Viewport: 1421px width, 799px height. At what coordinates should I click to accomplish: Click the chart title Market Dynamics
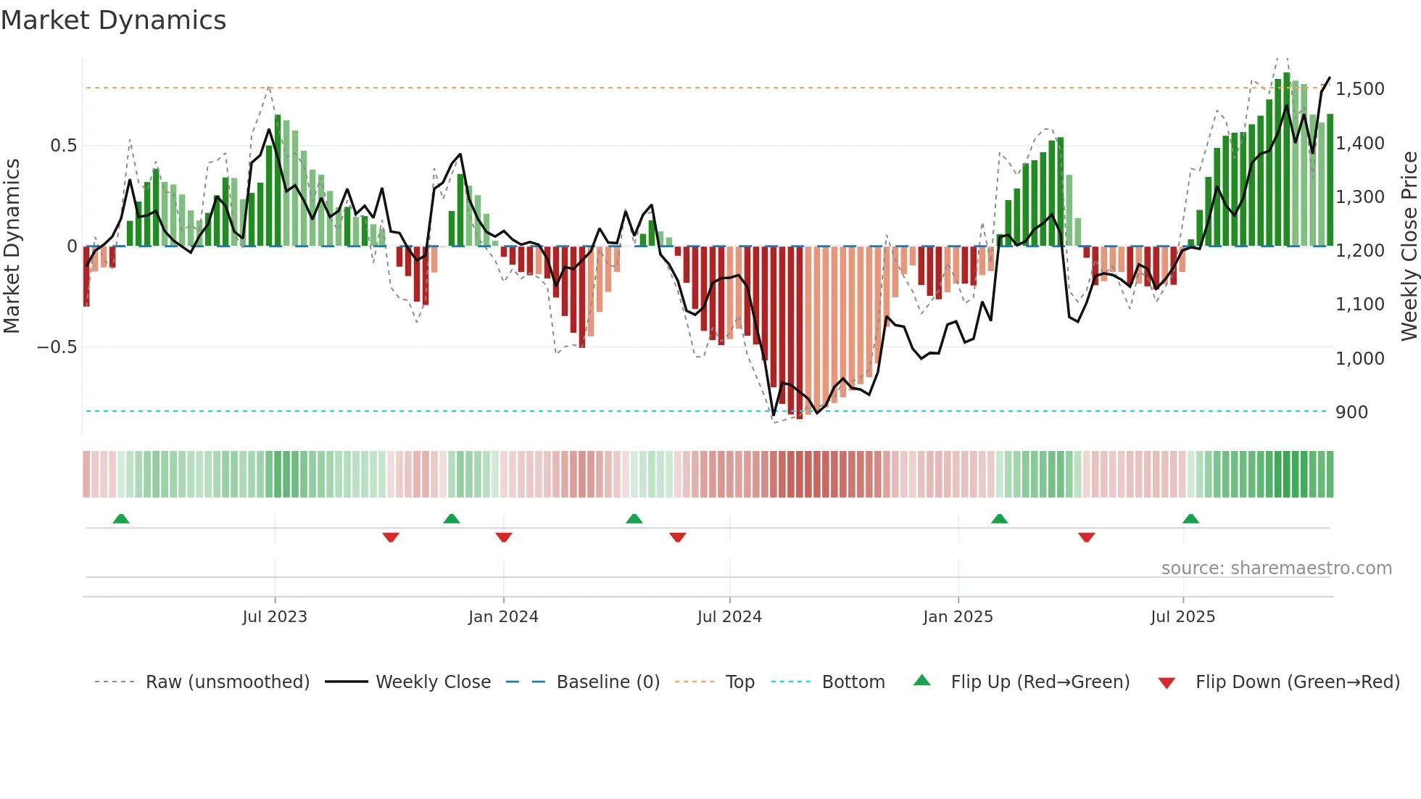114,20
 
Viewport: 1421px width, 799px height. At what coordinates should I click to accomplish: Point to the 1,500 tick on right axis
1359,89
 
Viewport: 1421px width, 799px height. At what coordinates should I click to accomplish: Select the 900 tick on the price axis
1351,413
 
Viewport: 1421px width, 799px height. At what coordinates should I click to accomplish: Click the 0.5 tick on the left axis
63,146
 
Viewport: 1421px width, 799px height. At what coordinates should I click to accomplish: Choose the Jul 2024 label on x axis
729,617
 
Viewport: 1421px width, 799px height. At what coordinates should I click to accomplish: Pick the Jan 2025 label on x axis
958,617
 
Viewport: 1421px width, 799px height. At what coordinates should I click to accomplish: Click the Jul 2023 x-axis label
275,617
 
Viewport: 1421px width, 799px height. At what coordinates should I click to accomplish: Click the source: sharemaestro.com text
1276,568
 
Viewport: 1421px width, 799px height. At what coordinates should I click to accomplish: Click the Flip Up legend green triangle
921,681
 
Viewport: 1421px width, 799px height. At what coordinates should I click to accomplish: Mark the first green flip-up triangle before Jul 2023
121,519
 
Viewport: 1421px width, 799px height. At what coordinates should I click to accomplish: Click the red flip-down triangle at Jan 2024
504,537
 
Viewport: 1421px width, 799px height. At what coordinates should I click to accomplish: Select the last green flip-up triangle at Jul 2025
1190,519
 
